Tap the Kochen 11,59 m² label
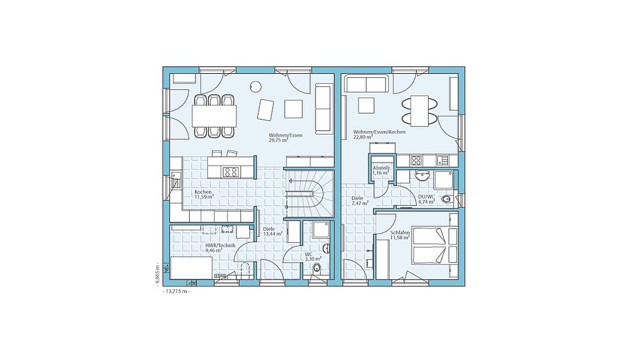pyautogui.click(x=204, y=194)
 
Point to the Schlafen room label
pyautogui.click(x=400, y=233)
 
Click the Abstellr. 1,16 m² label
pyautogui.click(x=382, y=170)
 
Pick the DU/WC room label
pyautogui.click(x=426, y=196)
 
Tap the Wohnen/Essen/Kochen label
pyautogui.click(x=380, y=132)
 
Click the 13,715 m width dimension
pyautogui.click(x=176, y=291)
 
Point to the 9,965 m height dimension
pyautogui.click(x=157, y=273)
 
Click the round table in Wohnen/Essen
pyautogui.click(x=256, y=86)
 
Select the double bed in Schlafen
pyautogui.click(x=435, y=245)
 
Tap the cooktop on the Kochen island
pyautogui.click(x=231, y=172)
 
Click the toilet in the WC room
pyautogui.click(x=317, y=269)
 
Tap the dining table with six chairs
pyautogui.click(x=215, y=116)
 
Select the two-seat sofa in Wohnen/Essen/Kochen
pyautogui.click(x=365, y=85)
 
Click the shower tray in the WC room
pyautogui.click(x=319, y=230)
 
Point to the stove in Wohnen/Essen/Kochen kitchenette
pyautogui.click(x=416, y=161)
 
